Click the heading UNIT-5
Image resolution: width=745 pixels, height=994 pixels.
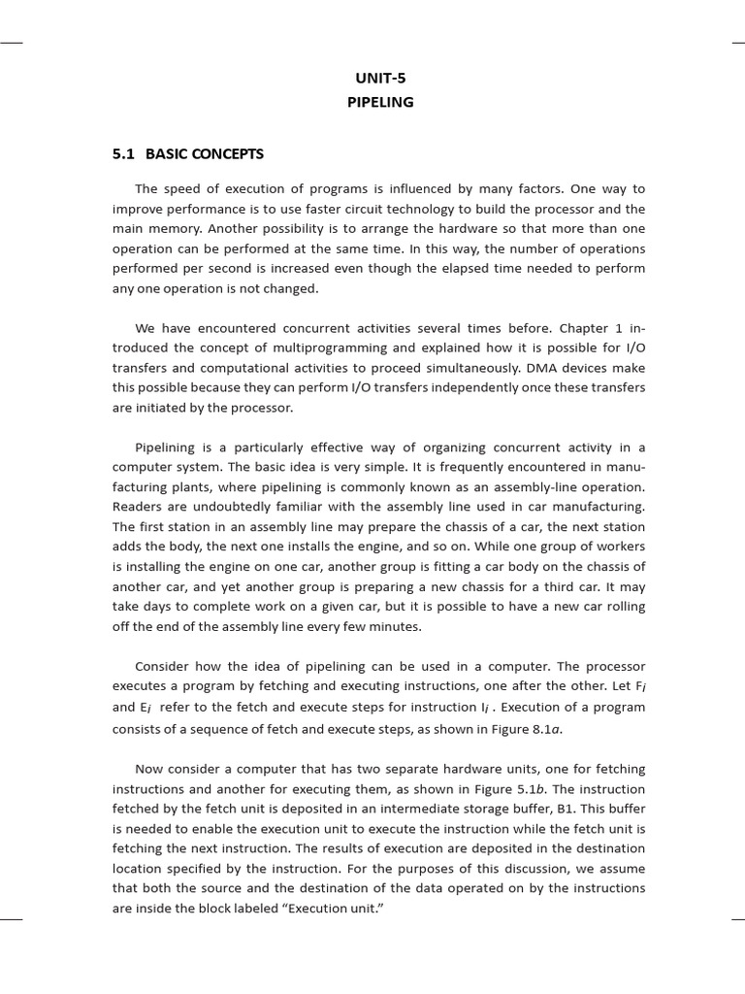pyautogui.click(x=380, y=79)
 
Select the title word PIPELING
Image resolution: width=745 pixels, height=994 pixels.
pyautogui.click(x=380, y=102)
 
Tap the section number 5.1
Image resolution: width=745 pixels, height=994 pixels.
pyautogui.click(x=124, y=154)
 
